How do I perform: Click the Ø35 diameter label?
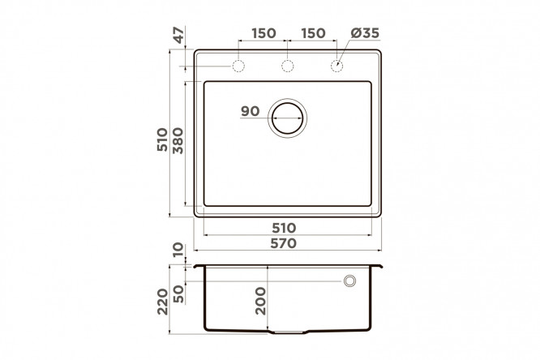pos(365,33)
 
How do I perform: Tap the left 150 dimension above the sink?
pos(264,33)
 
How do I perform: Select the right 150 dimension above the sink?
pos(314,33)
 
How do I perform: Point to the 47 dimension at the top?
pos(178,35)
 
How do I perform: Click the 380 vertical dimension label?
pos(178,140)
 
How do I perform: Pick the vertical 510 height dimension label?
pos(162,139)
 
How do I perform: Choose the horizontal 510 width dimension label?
pos(284,228)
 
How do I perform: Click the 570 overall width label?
pos(284,243)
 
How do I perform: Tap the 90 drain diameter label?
pos(250,111)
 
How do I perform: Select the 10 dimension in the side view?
pos(178,250)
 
